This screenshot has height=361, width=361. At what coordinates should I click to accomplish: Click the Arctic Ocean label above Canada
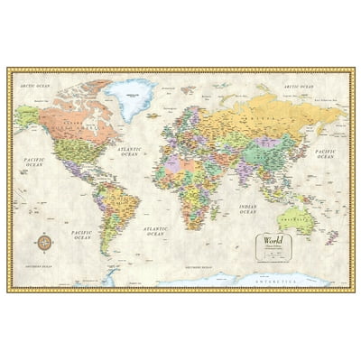tap(37, 86)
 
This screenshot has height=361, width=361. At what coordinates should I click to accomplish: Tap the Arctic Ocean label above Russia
tap(298, 87)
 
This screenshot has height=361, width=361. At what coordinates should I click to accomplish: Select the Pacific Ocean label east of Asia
tap(324, 154)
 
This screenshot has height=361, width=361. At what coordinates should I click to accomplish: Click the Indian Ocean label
tap(247, 208)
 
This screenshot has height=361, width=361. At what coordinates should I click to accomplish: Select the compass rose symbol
tap(43, 242)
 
